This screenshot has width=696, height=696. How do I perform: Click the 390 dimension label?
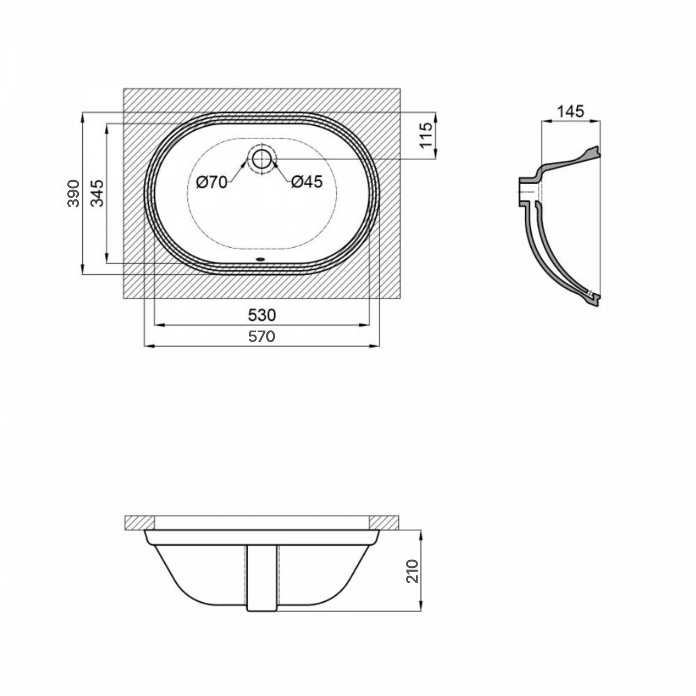(73, 193)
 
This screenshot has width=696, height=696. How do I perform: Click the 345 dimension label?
(97, 193)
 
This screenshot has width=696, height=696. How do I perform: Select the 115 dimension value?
(425, 135)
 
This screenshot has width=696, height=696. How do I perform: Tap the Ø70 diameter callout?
(212, 182)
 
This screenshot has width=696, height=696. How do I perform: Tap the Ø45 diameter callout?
(307, 182)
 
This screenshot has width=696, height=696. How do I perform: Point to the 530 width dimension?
(262, 315)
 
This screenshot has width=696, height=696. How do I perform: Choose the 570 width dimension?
(262, 336)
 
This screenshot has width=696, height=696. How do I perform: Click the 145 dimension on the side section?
(570, 111)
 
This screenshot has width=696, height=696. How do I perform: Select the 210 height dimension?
(412, 571)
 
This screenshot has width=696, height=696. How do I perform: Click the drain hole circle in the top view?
(262, 159)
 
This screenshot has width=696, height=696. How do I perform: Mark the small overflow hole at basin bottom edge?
(262, 260)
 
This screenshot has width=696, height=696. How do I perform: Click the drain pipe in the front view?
(262, 578)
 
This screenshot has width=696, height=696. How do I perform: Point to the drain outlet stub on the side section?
(527, 191)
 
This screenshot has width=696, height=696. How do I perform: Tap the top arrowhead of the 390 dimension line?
(83, 116)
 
